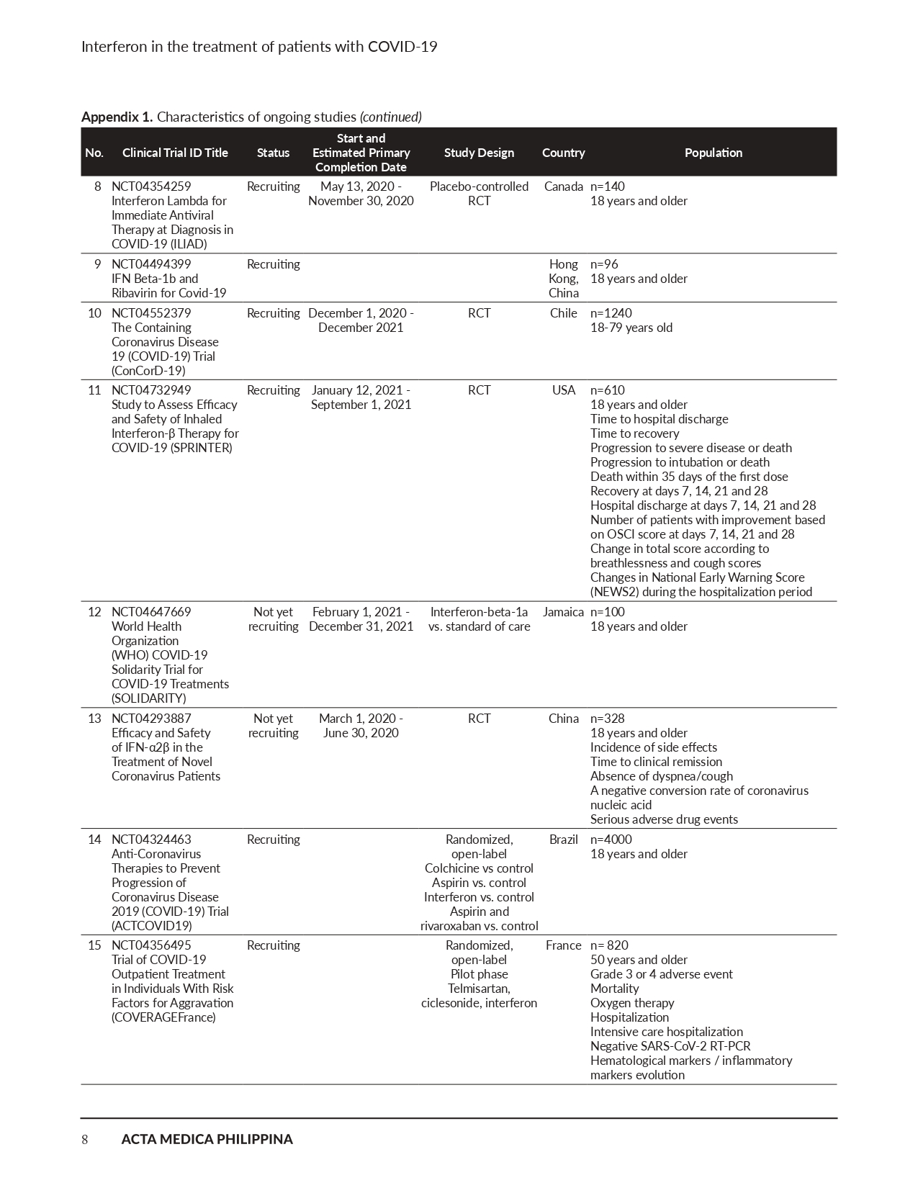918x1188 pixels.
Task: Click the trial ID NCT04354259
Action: click(x=151, y=186)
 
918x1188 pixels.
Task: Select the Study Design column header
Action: click(x=479, y=153)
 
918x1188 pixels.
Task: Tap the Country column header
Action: click(x=563, y=153)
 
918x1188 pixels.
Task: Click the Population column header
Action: click(x=713, y=153)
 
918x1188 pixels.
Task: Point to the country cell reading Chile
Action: click(x=563, y=313)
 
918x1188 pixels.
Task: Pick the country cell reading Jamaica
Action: click(x=563, y=612)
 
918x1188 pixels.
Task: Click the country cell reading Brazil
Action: click(x=563, y=840)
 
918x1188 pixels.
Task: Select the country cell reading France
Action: click(x=563, y=945)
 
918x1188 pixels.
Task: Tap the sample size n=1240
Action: click(x=611, y=313)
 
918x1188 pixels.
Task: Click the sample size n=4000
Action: click(x=611, y=840)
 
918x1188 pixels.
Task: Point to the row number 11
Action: click(x=94, y=390)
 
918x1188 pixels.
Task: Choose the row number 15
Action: click(x=94, y=945)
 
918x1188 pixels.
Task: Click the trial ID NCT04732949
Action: click(x=151, y=390)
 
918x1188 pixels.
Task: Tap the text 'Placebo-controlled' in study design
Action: click(x=479, y=186)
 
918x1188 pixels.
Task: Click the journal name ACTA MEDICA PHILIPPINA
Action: click(x=207, y=1139)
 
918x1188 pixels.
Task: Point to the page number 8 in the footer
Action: click(x=85, y=1139)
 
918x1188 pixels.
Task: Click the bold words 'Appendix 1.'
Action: click(x=117, y=117)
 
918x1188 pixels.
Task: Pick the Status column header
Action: click(x=273, y=153)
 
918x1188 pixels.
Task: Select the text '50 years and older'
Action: click(x=639, y=960)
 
